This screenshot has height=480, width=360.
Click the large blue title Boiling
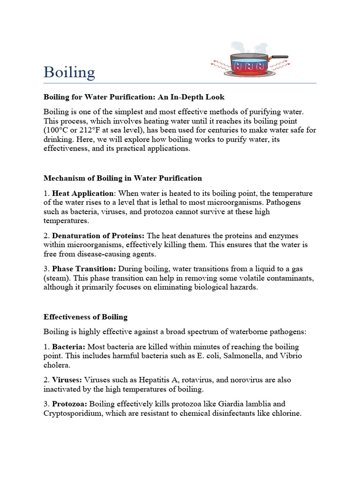click(x=69, y=73)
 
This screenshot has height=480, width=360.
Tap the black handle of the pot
click(x=280, y=57)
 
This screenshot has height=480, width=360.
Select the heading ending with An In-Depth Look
click(x=134, y=97)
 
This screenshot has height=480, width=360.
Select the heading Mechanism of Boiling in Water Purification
click(x=123, y=178)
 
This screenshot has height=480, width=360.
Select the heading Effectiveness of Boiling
click(x=85, y=317)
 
